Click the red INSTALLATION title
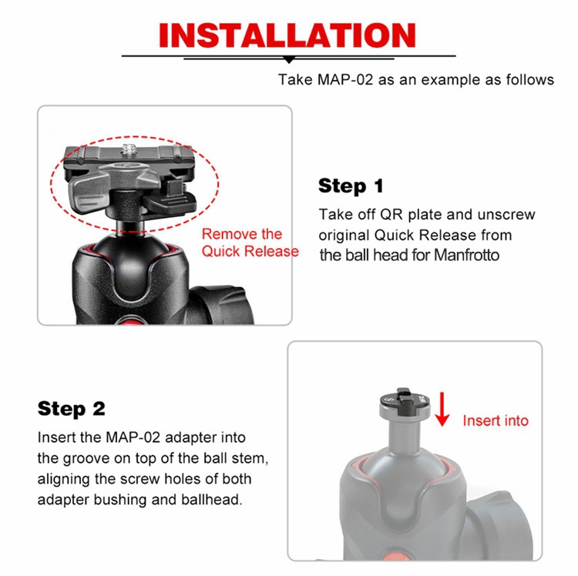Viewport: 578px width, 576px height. (x=287, y=35)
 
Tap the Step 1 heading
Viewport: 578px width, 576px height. (x=351, y=186)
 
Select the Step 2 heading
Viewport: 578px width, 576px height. (x=72, y=409)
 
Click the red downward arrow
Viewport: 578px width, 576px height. (x=442, y=410)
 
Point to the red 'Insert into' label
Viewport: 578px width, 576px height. (x=496, y=420)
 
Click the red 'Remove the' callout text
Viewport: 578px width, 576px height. (x=242, y=234)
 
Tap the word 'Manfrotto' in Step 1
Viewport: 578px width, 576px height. (x=466, y=255)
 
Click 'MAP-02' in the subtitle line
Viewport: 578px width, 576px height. (x=345, y=79)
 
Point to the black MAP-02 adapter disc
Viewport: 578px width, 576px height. (x=405, y=404)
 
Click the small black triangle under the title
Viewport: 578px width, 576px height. (x=289, y=60)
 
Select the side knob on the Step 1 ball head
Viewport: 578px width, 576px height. (x=221, y=304)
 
